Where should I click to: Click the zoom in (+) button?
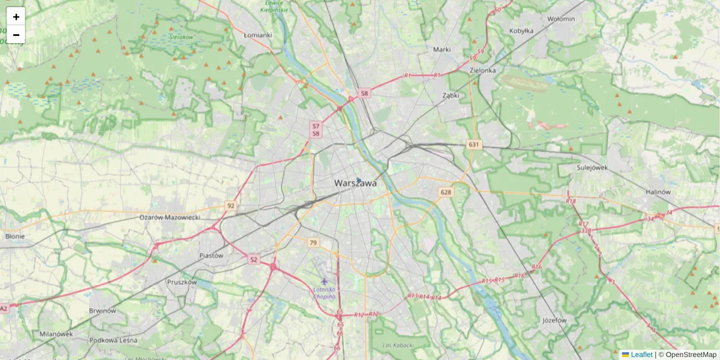click(16, 17)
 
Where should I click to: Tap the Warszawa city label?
click(355, 183)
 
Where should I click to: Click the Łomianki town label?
click(258, 35)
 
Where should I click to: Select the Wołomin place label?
click(561, 19)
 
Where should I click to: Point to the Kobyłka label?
click(521, 31)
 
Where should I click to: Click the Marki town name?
click(442, 49)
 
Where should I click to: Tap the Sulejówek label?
click(592, 167)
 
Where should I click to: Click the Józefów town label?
click(553, 320)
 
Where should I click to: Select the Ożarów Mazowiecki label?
click(170, 217)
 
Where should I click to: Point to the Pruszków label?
click(182, 281)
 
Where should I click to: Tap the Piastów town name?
click(211, 255)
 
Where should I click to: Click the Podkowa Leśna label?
click(112, 340)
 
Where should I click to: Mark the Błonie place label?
click(14, 236)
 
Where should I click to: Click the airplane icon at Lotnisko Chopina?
click(325, 281)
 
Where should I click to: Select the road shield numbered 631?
click(474, 145)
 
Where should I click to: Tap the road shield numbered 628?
click(445, 193)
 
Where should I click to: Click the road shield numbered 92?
click(231, 205)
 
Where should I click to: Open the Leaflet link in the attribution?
click(641, 355)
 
